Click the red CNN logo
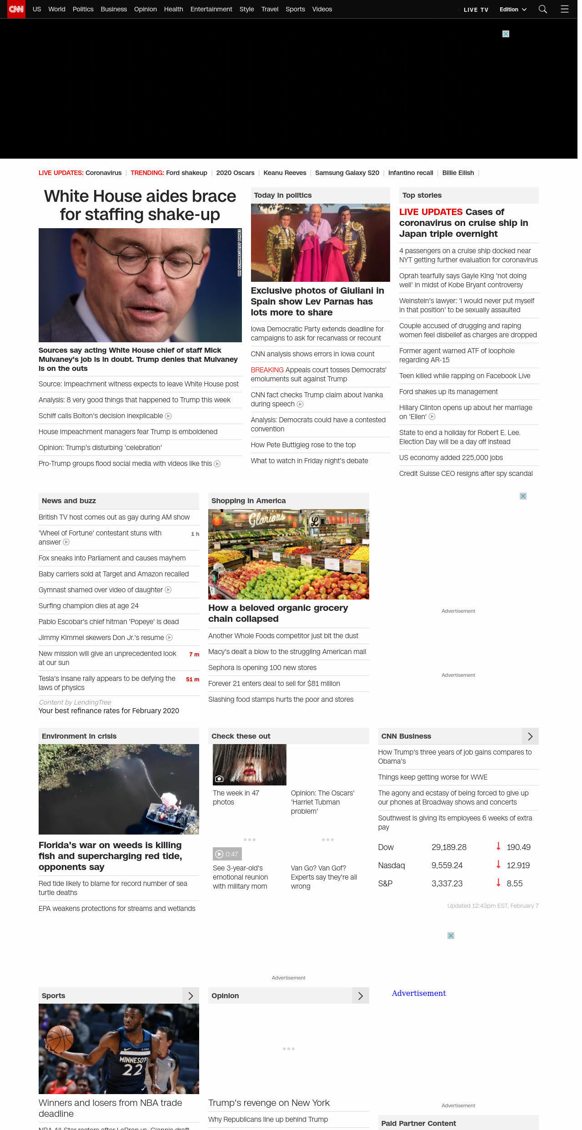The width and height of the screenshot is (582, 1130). click(x=16, y=9)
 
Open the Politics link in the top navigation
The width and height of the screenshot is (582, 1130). click(x=83, y=9)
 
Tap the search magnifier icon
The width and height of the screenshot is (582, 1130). click(x=542, y=9)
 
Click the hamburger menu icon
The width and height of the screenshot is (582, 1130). click(x=565, y=9)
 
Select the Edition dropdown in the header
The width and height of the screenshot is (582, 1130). click(x=513, y=10)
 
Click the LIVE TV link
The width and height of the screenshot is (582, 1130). click(x=476, y=10)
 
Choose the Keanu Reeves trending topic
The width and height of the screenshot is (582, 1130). click(x=285, y=173)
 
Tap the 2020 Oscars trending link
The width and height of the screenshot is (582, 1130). click(x=235, y=173)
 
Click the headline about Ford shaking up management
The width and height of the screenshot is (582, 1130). click(x=448, y=392)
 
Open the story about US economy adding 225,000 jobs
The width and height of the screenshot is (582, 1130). click(x=451, y=458)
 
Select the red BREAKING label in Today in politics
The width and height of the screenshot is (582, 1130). click(x=267, y=370)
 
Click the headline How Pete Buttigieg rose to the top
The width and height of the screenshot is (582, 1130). click(x=303, y=445)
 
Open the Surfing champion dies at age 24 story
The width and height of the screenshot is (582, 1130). click(x=89, y=606)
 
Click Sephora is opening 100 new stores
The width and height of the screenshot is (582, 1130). click(x=262, y=668)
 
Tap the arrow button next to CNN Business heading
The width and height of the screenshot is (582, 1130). click(x=530, y=736)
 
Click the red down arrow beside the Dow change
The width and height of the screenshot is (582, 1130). click(x=498, y=846)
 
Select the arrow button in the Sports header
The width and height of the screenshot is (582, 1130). click(x=191, y=996)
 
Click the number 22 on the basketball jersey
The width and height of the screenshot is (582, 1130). click(x=132, y=1070)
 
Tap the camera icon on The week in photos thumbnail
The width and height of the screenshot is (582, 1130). click(x=219, y=779)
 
